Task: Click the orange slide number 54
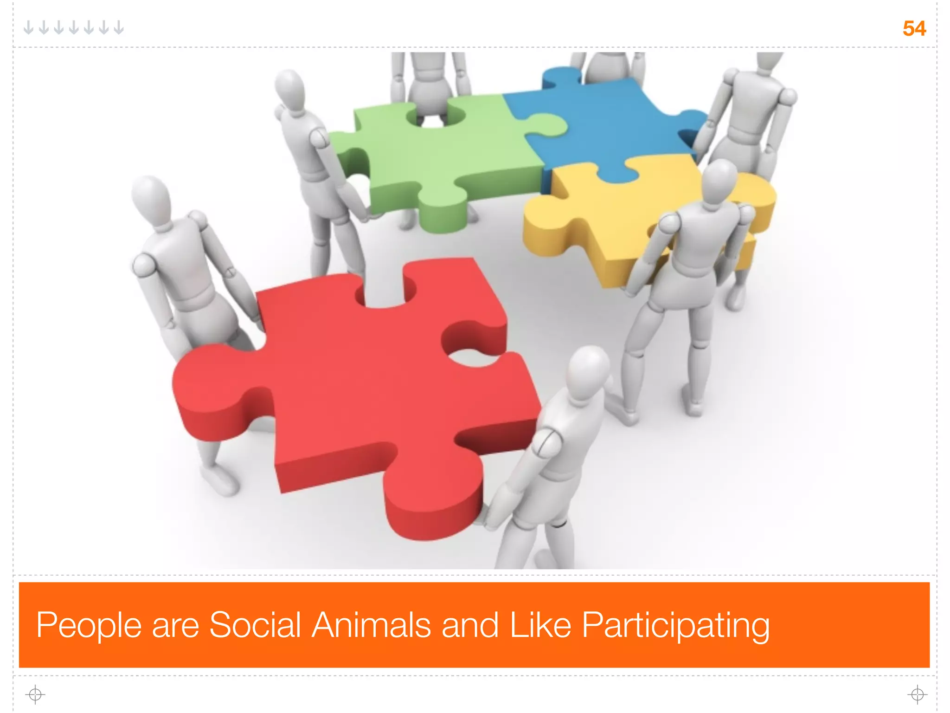point(914,29)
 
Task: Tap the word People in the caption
point(89,626)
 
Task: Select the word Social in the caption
point(255,625)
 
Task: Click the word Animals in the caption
point(372,625)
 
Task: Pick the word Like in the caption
point(540,625)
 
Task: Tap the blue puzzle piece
point(608,125)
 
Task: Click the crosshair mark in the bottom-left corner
point(35,694)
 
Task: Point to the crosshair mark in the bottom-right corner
point(917,694)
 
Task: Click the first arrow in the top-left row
point(29,28)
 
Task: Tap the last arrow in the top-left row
point(119,28)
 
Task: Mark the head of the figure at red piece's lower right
point(588,371)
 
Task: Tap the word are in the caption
point(175,626)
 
